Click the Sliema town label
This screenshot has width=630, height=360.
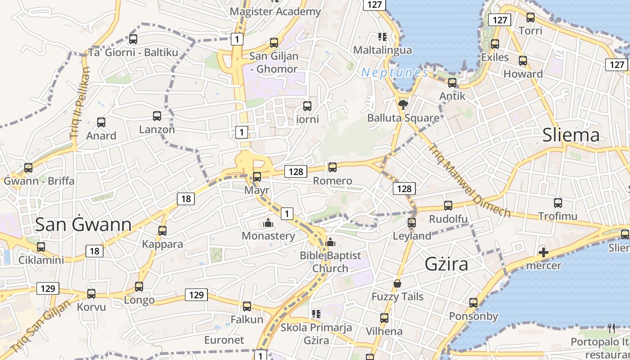coord(571,135)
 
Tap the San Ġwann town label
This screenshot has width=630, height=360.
coord(83,224)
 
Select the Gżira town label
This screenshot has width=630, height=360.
coord(446,264)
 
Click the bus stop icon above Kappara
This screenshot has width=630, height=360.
coord(162,231)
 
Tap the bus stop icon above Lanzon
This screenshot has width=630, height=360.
coord(157,116)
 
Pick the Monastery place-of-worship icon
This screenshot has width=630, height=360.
coord(268,223)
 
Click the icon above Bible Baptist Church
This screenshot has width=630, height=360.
coord(330,242)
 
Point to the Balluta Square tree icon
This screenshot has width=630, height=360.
coord(403,105)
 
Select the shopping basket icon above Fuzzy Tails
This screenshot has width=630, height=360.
coord(397,283)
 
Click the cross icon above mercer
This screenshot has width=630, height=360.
coord(544,252)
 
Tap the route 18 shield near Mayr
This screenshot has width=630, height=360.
coord(186,198)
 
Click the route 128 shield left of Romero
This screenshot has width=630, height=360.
coord(296,171)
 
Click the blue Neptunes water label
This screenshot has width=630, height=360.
coord(395,72)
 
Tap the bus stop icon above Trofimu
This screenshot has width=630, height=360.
coord(558,203)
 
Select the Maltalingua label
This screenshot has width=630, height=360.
coord(382,49)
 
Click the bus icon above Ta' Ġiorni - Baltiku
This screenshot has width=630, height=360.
coord(133,39)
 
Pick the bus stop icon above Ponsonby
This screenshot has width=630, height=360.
coord(473,303)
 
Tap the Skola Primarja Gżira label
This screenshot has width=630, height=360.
coord(316,333)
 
